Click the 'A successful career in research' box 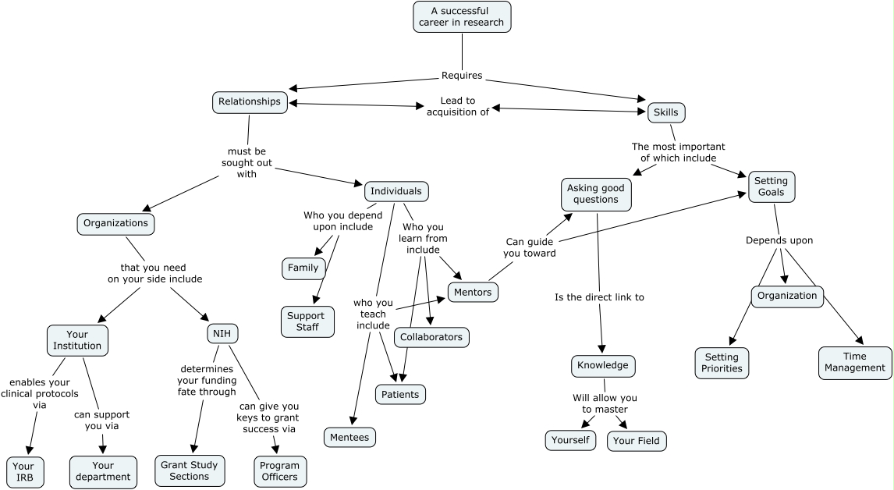462,16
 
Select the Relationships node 250,101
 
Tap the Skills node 665,112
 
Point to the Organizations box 116,223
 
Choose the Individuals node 396,191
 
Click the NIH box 222,334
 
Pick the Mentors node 473,292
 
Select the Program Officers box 279,471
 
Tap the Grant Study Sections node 190,470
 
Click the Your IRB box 24,471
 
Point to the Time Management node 855,363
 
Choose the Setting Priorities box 722,363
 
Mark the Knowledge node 603,365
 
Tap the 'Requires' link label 462,76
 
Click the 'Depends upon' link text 779,240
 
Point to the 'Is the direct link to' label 599,297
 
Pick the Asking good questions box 596,194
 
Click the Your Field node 637,441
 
